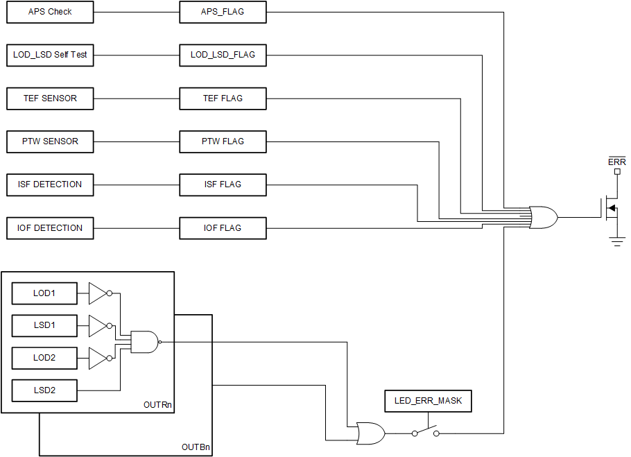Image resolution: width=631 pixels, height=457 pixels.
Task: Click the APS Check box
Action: (50, 12)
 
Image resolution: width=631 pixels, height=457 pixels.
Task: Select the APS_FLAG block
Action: (223, 12)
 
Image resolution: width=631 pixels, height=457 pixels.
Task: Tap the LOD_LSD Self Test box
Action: (50, 55)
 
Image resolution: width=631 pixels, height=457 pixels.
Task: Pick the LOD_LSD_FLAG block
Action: (223, 55)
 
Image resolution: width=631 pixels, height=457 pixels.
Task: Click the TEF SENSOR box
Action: (50, 98)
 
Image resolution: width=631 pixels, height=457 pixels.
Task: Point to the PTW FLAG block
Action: (223, 141)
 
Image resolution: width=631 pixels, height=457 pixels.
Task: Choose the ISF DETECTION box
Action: (50, 184)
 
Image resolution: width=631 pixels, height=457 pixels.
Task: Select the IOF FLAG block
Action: (223, 228)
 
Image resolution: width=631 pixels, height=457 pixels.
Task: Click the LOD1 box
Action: (44, 293)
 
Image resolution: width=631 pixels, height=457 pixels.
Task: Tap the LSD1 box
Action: (44, 325)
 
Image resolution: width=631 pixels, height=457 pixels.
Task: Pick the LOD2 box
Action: (44, 358)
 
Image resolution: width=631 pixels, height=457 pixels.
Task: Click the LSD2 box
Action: (44, 390)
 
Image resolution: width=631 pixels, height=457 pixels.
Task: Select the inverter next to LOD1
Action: (98, 293)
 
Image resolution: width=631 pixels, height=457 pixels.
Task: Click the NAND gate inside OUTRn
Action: (144, 341)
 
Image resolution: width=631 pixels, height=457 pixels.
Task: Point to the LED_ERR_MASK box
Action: (428, 401)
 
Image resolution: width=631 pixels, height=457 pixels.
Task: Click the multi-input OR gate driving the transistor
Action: (543, 217)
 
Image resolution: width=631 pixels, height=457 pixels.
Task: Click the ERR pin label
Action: (616, 162)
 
